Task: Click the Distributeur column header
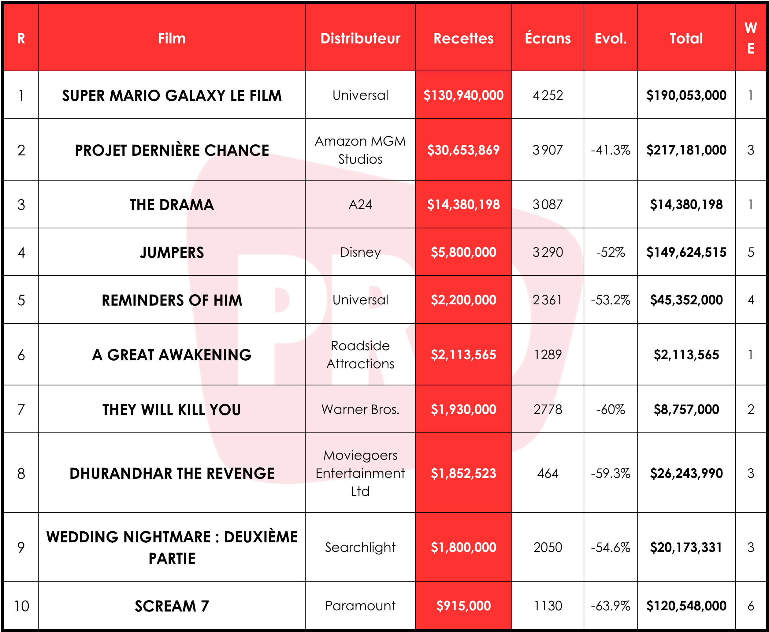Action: pos(360,38)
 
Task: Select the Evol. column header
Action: pos(610,38)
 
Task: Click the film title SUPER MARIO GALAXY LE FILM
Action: pos(172,95)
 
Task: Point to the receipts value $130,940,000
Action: pos(463,95)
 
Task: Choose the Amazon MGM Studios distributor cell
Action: pos(360,150)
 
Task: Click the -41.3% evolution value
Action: pos(610,150)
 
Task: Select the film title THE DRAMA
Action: pos(172,205)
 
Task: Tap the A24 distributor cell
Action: pos(360,205)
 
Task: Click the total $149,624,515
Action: pos(686,252)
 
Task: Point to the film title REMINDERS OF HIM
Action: pos(172,300)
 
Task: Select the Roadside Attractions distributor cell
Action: pos(360,355)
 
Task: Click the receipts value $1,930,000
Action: pos(463,410)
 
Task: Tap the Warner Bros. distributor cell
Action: pos(360,410)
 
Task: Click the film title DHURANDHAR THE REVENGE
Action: pos(172,473)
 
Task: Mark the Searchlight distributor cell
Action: pos(360,547)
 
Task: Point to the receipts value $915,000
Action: pos(463,606)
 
